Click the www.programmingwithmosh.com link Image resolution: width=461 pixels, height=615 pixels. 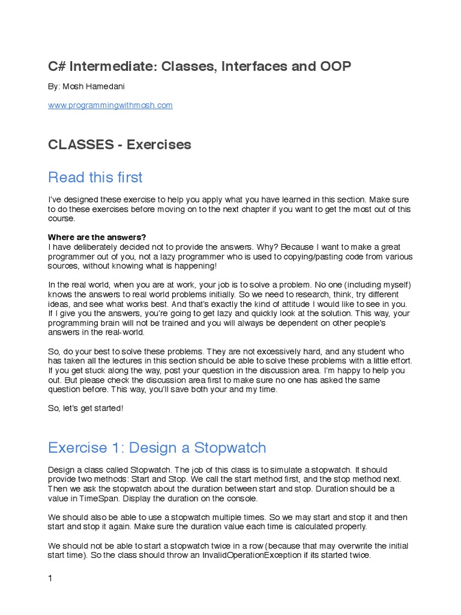point(110,105)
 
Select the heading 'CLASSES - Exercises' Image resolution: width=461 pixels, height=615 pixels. point(119,145)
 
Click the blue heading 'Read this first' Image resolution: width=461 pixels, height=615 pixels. point(95,177)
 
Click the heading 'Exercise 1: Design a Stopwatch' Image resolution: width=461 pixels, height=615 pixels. point(157,448)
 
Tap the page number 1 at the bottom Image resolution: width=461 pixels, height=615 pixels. point(50,578)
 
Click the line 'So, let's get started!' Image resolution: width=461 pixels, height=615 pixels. point(86,408)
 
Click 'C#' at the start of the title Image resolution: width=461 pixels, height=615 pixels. point(57,67)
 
